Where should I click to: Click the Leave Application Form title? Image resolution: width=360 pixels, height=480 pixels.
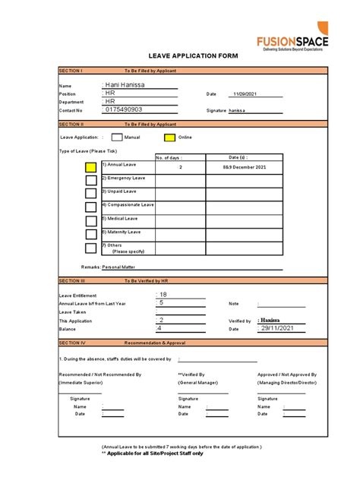pos(193,56)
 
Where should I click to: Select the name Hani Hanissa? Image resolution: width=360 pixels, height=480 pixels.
pos(125,86)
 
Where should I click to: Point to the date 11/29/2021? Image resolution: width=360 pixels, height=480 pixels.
pos(245,93)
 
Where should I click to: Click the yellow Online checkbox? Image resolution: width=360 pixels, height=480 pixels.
pos(169,137)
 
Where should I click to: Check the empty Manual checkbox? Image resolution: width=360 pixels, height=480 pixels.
pos(117,137)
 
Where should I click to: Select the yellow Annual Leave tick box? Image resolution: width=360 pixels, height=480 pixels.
pos(91,166)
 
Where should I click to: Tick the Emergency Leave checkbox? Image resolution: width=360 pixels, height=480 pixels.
pos(91,180)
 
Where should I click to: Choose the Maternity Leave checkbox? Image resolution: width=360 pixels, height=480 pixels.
pos(91,234)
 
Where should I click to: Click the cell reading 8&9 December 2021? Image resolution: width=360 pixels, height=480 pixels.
pos(245,166)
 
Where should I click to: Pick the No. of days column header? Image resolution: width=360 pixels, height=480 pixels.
pos(169,157)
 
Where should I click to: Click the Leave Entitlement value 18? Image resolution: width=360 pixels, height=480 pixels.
pos(163,294)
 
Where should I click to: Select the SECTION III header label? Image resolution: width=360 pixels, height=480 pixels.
pos(71,280)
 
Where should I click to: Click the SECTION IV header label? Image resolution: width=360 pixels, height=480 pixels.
pos(71,343)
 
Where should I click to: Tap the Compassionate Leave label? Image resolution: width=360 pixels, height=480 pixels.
pos(128,205)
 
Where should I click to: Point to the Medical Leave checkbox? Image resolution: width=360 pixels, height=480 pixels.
pos(91,220)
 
